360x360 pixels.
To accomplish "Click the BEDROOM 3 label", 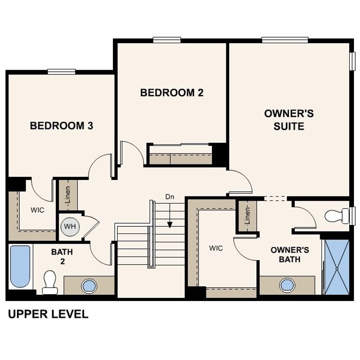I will coord(61,126).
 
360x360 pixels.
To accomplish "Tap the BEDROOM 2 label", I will coord(172,93).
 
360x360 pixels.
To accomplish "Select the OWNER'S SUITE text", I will coord(289,120).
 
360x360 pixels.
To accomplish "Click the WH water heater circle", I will coord(70,227).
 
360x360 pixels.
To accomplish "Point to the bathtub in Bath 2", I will coord(20,266).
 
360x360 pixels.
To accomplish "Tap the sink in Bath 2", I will coord(89,285).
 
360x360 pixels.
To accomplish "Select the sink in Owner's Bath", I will coord(287,285).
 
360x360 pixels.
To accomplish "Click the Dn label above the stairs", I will coord(170,197).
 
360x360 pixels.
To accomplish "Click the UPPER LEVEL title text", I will coord(48,315).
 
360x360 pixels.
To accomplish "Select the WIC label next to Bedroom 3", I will coord(37,210).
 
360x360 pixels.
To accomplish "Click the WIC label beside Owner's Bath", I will coord(216,248).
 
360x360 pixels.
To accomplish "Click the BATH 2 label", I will coord(62,256).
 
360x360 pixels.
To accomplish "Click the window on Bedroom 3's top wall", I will coord(61,72).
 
